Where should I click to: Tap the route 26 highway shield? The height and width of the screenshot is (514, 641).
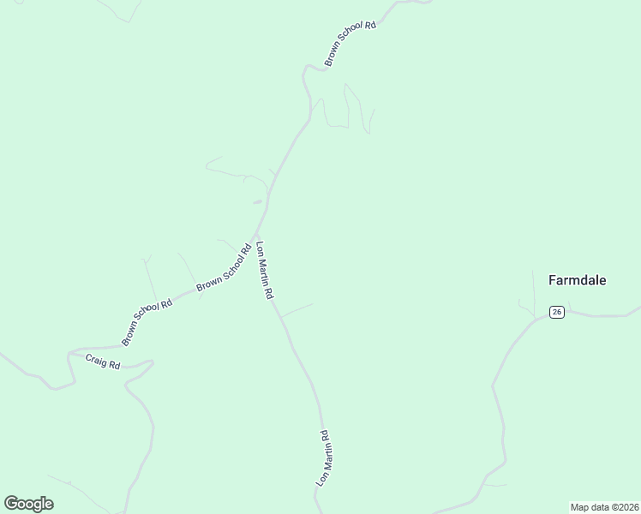pyautogui.click(x=557, y=313)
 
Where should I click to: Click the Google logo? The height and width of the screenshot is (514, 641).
pyautogui.click(x=28, y=504)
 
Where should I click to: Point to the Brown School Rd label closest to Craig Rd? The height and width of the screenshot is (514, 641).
pyautogui.click(x=147, y=322)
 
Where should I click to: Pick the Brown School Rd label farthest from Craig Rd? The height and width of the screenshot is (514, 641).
pyautogui.click(x=350, y=44)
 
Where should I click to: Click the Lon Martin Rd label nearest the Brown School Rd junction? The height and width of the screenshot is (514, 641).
pyautogui.click(x=264, y=269)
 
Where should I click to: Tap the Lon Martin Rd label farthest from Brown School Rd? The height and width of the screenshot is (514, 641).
pyautogui.click(x=323, y=458)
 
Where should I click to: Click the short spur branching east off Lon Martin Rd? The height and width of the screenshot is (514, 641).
pyautogui.click(x=297, y=309)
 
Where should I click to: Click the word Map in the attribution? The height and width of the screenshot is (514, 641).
pyautogui.click(x=580, y=506)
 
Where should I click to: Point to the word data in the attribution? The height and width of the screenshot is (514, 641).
pyautogui.click(x=599, y=506)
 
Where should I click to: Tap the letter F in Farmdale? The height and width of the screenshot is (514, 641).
pyautogui.click(x=551, y=280)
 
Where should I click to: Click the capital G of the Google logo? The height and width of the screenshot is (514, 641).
pyautogui.click(x=11, y=503)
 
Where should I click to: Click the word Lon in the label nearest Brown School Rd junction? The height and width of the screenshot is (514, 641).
pyautogui.click(x=259, y=249)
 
